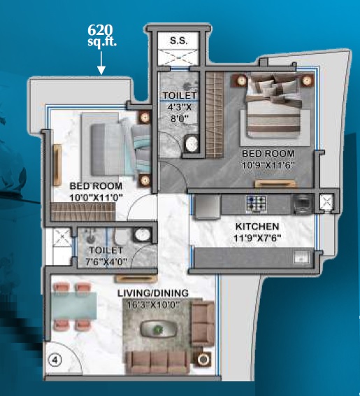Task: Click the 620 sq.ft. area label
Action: [x=102, y=36]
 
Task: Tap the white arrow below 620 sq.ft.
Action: [x=101, y=63]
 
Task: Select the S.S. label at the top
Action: [x=179, y=41]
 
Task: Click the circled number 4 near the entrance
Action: [x=55, y=360]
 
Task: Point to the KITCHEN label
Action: [x=257, y=227]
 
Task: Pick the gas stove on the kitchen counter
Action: [x=257, y=204]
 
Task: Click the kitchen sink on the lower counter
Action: [x=303, y=257]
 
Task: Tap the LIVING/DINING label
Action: [x=153, y=293]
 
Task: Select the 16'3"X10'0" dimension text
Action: [x=153, y=305]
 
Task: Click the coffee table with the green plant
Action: [x=159, y=329]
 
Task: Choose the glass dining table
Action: [x=73, y=306]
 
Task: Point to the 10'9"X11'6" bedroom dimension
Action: [x=268, y=165]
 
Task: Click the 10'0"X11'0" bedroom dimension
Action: [x=96, y=197]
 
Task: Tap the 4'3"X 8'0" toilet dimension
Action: [x=180, y=113]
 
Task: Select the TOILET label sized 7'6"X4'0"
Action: [x=106, y=250]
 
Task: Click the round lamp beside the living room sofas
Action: [x=202, y=360]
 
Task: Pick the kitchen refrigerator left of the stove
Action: [x=207, y=207]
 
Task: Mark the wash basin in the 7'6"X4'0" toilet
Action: [x=143, y=234]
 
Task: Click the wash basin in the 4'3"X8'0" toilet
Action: [x=192, y=143]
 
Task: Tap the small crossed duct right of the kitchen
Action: [x=326, y=202]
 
